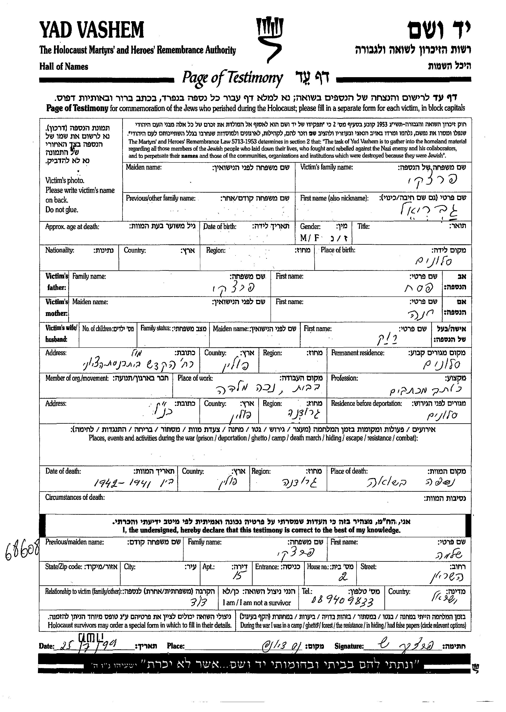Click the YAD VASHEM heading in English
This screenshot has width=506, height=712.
point(92,30)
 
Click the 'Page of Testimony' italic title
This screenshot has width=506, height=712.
point(232,78)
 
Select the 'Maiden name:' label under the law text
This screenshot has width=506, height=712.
point(144,167)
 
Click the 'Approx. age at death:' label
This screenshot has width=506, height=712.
point(72,227)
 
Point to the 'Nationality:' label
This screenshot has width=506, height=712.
point(60,250)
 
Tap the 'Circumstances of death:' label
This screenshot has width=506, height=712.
point(75,497)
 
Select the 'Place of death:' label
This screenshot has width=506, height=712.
point(349,471)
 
